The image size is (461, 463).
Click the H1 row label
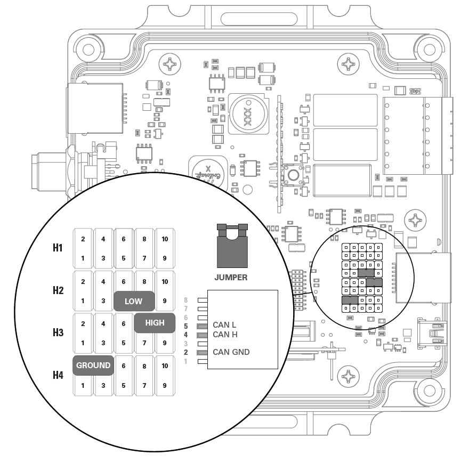(x=58, y=248)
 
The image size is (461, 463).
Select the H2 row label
(x=58, y=290)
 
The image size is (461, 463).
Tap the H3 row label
(x=58, y=332)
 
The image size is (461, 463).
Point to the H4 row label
(x=58, y=375)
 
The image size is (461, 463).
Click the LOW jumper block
(x=134, y=301)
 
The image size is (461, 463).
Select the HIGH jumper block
(x=155, y=322)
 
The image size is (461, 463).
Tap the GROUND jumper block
(x=93, y=365)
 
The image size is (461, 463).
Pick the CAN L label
(x=224, y=324)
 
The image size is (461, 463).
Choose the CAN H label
(x=224, y=334)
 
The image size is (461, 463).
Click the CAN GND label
(x=231, y=352)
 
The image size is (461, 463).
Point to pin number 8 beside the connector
(x=186, y=300)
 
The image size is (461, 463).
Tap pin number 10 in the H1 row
(x=165, y=239)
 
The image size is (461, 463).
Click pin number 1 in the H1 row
(x=83, y=257)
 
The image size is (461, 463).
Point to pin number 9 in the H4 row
(x=165, y=385)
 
